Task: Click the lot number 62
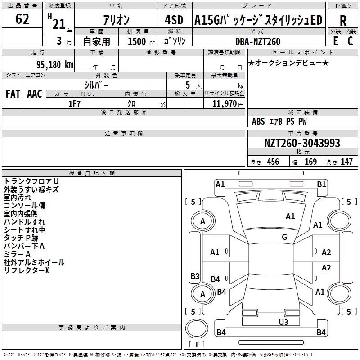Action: click(22, 19)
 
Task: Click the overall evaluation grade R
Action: click(343, 21)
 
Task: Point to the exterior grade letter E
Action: click(336, 41)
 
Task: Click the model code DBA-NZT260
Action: click(257, 41)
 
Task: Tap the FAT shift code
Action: click(13, 94)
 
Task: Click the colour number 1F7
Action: click(74, 103)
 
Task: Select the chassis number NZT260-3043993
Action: click(302, 144)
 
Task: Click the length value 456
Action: click(273, 162)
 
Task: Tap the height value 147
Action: click(346, 162)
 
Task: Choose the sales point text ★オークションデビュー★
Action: click(288, 63)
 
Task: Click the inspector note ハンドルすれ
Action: click(24, 222)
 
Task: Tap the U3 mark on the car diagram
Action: click(283, 322)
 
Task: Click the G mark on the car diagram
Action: click(284, 237)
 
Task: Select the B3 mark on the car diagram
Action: click(195, 276)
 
